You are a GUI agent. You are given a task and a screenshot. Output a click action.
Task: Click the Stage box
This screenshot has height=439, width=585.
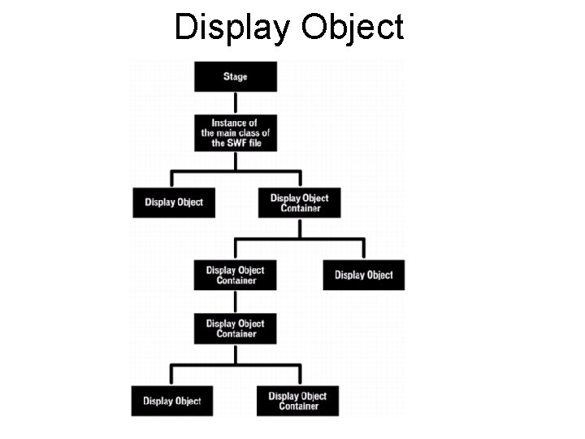[235, 76]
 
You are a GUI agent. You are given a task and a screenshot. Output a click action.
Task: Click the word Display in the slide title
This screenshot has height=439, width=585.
[232, 27]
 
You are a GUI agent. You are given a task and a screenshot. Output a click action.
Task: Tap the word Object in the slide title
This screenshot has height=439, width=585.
[352, 27]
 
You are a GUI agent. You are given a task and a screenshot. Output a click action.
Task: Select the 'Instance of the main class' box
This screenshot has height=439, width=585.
[235, 133]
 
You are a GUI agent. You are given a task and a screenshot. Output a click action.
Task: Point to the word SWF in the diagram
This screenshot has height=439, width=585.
[238, 143]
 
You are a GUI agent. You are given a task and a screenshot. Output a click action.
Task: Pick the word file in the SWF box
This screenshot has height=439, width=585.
[256, 143]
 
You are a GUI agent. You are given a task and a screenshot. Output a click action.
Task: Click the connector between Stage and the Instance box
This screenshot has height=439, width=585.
[235, 102]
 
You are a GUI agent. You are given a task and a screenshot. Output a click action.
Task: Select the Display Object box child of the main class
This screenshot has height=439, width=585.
[174, 202]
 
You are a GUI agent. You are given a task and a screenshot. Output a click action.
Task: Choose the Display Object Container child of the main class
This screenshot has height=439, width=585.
[299, 202]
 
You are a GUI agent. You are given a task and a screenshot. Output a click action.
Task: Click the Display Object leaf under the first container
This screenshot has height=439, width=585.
[363, 275]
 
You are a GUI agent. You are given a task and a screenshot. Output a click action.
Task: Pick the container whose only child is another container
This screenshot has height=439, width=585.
[235, 275]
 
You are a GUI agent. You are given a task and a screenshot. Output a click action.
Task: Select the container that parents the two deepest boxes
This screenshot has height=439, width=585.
[235, 328]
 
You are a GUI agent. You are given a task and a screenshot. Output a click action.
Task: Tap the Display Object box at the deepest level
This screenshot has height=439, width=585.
[172, 401]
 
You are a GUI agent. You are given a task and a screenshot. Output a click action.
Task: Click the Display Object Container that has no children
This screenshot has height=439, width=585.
[297, 401]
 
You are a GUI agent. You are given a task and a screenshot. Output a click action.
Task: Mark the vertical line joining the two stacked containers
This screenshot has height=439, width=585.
[235, 301]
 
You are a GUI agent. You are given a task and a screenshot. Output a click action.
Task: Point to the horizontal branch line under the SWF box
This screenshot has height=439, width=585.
[235, 172]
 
